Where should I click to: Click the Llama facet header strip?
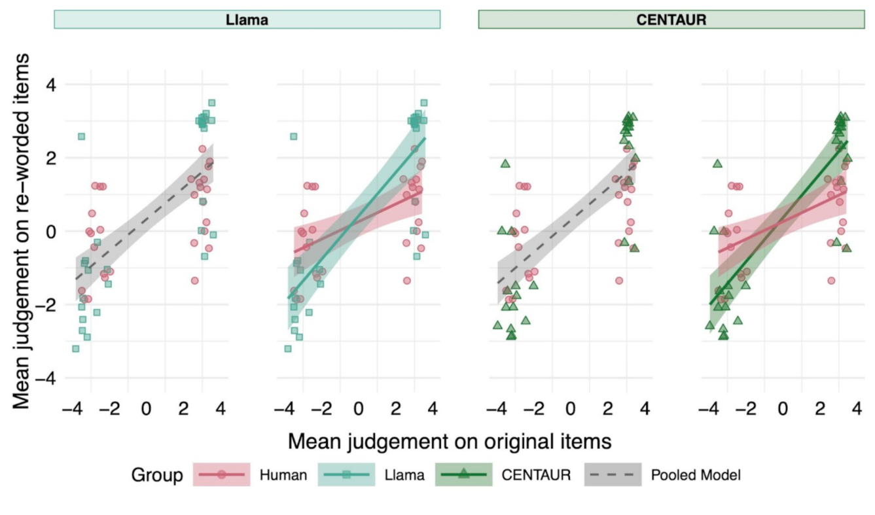click(x=247, y=20)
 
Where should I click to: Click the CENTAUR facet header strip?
click(x=671, y=20)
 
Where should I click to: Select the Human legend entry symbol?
click(x=221, y=475)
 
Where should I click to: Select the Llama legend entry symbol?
click(x=346, y=475)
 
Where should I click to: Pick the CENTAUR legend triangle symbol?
click(x=463, y=475)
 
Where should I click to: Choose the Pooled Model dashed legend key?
click(x=613, y=475)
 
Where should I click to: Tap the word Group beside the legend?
click(x=156, y=476)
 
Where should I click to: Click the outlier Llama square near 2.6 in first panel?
click(x=81, y=136)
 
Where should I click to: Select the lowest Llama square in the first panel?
click(x=75, y=349)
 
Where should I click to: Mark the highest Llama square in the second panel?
click(x=423, y=103)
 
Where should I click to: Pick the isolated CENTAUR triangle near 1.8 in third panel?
click(x=505, y=164)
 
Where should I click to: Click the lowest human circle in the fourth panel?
click(x=831, y=281)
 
